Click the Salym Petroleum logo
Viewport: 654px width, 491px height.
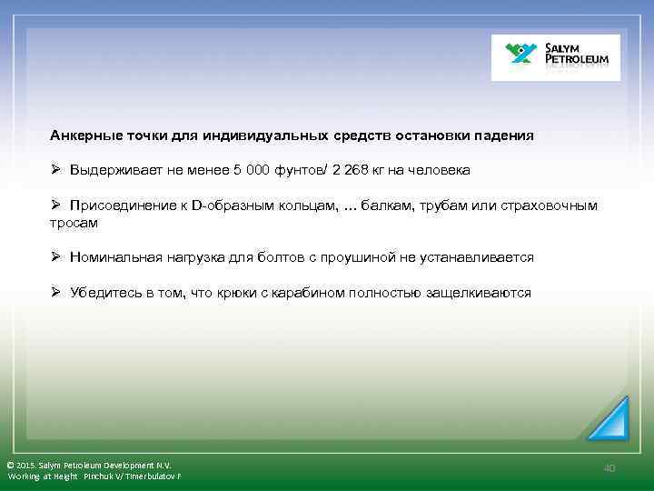coord(555,57)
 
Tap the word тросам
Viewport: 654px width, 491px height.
coord(74,222)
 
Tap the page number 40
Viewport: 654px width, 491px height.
coord(609,467)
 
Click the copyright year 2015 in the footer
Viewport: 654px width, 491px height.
coord(28,465)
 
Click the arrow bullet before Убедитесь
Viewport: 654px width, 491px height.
coord(55,293)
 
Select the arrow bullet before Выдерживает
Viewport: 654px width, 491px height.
coord(55,170)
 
